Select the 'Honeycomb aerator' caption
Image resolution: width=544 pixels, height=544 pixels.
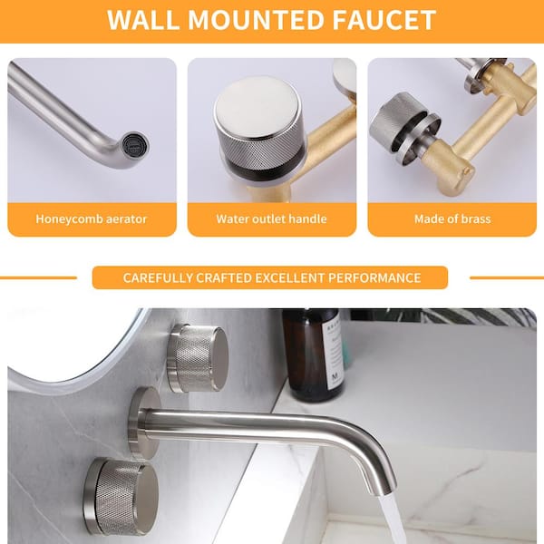tap(92, 219)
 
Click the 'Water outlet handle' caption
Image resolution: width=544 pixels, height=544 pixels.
tap(271, 219)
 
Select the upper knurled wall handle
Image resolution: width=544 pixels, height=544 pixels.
tap(199, 357)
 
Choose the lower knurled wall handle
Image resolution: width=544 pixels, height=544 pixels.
tap(122, 496)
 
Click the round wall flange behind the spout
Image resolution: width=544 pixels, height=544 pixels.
tap(141, 422)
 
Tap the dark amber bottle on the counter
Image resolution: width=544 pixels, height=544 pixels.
tap(312, 354)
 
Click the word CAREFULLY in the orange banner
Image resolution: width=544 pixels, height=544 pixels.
tap(157, 278)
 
